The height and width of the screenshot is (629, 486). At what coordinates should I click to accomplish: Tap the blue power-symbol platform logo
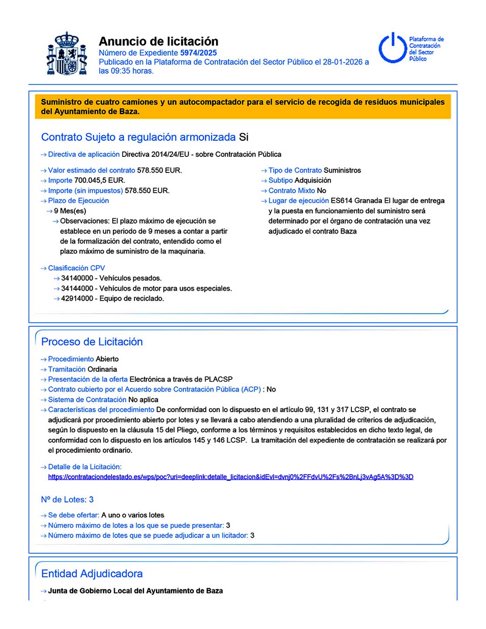pos(392,48)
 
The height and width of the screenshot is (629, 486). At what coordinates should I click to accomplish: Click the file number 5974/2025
pos(199,53)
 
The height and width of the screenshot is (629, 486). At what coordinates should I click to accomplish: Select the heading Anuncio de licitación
pos(159,41)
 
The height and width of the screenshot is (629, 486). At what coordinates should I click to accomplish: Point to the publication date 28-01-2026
pos(342,62)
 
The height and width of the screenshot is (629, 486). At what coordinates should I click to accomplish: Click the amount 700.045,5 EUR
pos(99,180)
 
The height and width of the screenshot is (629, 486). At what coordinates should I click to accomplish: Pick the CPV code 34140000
pos(77,278)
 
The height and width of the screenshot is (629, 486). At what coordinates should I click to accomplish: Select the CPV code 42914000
pos(77,298)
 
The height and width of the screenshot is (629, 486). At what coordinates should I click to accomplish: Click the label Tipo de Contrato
pos(295,170)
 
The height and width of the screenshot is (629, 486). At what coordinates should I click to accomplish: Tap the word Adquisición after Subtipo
pos(313,180)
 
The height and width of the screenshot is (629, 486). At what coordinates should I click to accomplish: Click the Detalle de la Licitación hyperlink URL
pos(230,477)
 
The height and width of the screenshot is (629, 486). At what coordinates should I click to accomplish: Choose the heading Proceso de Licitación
pos(92,342)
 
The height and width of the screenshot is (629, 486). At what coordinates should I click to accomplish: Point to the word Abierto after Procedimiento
pos(107,359)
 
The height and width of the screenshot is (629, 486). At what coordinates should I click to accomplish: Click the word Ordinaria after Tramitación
pos(102,369)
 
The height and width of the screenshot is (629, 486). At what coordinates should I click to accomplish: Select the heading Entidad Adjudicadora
pos(92,574)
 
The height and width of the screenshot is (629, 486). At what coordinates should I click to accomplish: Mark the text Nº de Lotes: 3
pos(67,500)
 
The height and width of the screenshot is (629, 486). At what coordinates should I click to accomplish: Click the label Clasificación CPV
pos(76,268)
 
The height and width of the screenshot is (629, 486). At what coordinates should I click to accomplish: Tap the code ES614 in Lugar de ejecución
pos(341,201)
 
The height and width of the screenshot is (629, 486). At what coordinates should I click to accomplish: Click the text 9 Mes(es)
pos(70,211)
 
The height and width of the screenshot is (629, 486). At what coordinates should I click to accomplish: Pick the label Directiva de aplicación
pos(84,154)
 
